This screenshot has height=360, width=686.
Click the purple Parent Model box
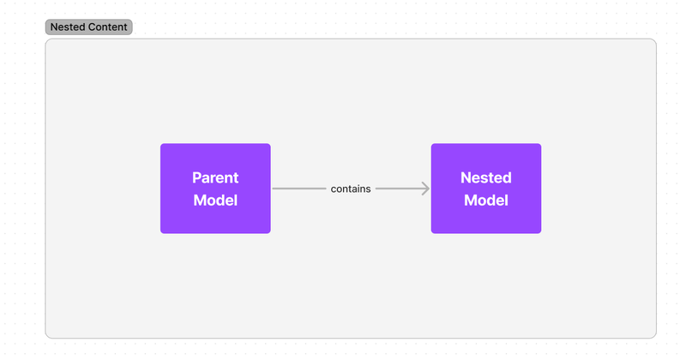click(x=215, y=189)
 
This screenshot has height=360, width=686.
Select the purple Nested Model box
click(x=486, y=189)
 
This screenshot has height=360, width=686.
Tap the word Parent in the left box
click(x=215, y=177)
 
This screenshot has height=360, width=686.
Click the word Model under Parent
click(x=215, y=201)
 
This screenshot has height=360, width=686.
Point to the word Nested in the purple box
click(x=486, y=177)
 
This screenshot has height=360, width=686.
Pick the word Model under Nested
click(x=486, y=201)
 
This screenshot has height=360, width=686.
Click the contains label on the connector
click(x=351, y=189)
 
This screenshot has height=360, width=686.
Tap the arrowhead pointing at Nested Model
click(x=425, y=189)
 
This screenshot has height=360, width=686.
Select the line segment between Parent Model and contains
click(x=299, y=189)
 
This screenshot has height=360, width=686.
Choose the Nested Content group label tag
click(x=89, y=27)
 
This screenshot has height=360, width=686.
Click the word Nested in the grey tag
click(x=67, y=27)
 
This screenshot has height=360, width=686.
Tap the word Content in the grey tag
click(x=107, y=27)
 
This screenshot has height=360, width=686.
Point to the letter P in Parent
click(x=196, y=177)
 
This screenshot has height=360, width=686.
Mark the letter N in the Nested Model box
click(x=466, y=177)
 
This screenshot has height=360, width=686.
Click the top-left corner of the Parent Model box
click(x=160, y=144)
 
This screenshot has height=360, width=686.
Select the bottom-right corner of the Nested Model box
click(x=541, y=233)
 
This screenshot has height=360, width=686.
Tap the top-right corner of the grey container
click(x=656, y=39)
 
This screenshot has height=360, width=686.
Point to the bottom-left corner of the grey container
click(x=46, y=338)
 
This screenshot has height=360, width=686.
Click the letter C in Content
click(x=91, y=27)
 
